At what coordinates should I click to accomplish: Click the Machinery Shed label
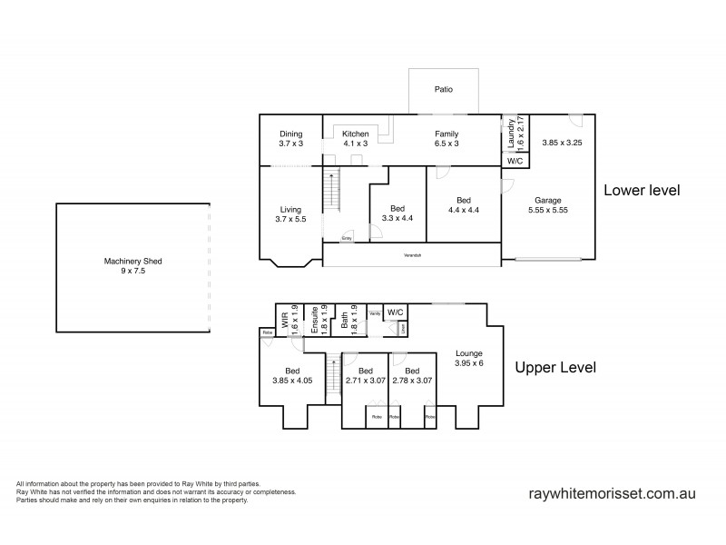(132, 265)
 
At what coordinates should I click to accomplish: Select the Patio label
(443, 90)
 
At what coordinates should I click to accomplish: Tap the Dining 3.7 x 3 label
(290, 139)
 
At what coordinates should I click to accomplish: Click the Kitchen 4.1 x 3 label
(355, 139)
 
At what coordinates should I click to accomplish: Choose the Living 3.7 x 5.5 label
(290, 213)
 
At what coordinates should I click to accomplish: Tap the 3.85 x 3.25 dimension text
(562, 143)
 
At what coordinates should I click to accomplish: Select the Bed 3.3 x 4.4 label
(397, 213)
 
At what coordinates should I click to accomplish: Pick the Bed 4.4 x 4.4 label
(463, 204)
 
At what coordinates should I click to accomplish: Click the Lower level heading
(642, 191)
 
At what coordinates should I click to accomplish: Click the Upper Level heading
(554, 368)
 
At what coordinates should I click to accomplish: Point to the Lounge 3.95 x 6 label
(469, 357)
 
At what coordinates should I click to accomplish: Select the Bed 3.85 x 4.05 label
(292, 376)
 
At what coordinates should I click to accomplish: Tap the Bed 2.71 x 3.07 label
(365, 376)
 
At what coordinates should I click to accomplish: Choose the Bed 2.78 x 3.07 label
(412, 376)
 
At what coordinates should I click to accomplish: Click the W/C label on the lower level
(515, 161)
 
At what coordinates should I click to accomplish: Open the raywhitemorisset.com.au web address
(612, 494)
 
